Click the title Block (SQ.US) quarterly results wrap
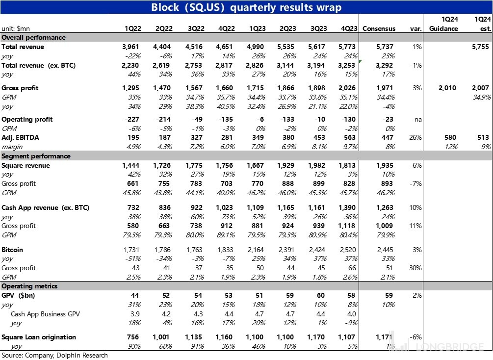point(246,7)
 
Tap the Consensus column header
point(379,28)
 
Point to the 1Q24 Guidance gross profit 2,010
point(446,88)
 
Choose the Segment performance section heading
point(36,156)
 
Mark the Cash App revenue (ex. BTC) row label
point(45,208)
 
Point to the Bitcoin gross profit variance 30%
point(415,268)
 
